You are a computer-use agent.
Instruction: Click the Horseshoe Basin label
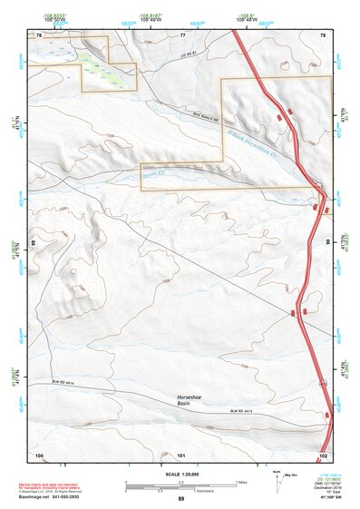(196, 398)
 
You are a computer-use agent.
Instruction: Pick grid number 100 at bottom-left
(39, 454)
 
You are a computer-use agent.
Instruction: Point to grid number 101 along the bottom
(182, 454)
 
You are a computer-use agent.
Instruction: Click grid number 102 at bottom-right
(324, 454)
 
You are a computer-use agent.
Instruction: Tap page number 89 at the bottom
(181, 500)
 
